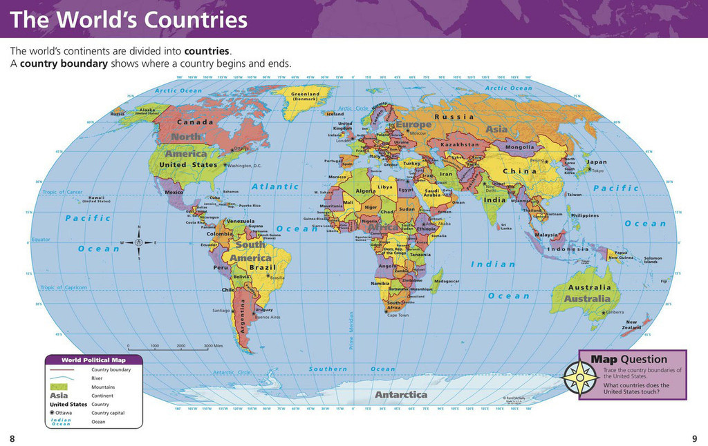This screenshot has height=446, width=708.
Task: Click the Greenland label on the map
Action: tap(305, 94)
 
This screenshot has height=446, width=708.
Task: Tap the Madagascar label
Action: tap(446, 281)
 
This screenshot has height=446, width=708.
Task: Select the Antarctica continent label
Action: tap(401, 395)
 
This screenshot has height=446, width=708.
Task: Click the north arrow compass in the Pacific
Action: tap(139, 242)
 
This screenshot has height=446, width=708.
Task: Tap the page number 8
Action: tap(12, 438)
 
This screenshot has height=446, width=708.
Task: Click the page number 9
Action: tap(694, 438)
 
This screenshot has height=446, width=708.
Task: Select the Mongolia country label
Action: tap(520, 147)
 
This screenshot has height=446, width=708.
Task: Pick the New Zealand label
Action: tap(632, 324)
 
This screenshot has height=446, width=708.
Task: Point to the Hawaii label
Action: tap(96, 198)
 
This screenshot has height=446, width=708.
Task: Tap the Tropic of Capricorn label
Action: tap(64, 287)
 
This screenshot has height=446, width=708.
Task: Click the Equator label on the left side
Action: tap(41, 240)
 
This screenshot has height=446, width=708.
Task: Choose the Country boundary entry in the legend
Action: tap(111, 370)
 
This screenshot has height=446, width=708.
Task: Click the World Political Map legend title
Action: tap(94, 360)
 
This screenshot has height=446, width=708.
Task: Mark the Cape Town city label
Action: tap(398, 316)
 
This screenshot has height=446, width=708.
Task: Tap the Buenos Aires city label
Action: tap(268, 317)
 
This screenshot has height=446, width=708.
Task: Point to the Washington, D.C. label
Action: tap(243, 166)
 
